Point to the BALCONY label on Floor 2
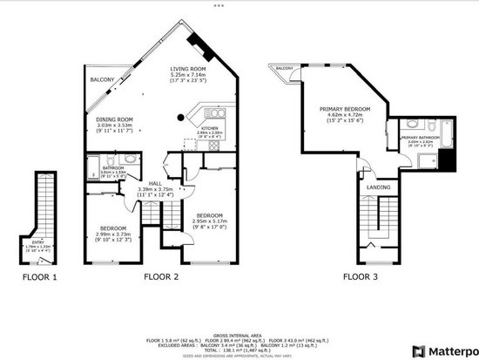coord(102,80)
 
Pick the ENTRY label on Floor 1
coord(36,242)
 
